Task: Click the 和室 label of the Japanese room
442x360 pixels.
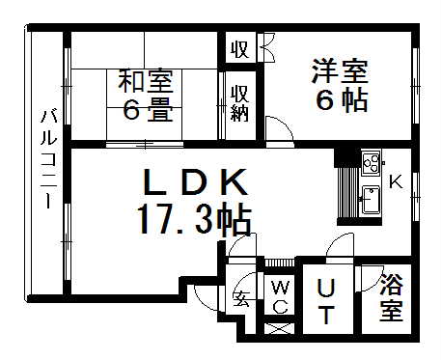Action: pyautogui.click(x=146, y=80)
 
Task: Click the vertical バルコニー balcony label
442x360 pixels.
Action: pyautogui.click(x=46, y=160)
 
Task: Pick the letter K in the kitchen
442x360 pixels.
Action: pyautogui.click(x=395, y=180)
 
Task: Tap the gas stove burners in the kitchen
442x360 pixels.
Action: pyautogui.click(x=371, y=163)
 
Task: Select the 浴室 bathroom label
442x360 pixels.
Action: pyautogui.click(x=391, y=298)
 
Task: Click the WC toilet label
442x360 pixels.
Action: pyautogui.click(x=281, y=297)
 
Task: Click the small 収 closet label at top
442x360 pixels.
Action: pyautogui.click(x=239, y=49)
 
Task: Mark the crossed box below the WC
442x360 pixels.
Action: pyautogui.click(x=279, y=328)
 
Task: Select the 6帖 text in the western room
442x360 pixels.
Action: pyautogui.click(x=341, y=99)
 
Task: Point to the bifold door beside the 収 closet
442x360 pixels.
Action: pyautogui.click(x=263, y=48)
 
